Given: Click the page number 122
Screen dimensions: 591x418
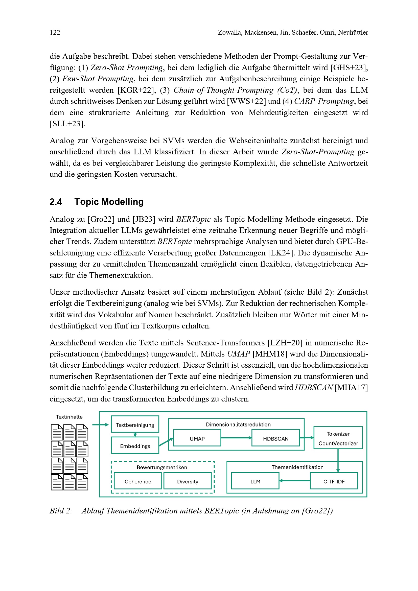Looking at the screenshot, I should (x=55, y=32).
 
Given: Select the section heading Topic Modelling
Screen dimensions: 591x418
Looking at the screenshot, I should (x=109, y=202).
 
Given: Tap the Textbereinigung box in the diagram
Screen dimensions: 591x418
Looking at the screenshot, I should (x=135, y=425).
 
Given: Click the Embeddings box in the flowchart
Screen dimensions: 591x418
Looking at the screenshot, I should (x=135, y=446).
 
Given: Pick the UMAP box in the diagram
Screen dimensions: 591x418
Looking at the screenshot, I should (x=197, y=439).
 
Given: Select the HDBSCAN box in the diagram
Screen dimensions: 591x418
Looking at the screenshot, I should (x=275, y=439).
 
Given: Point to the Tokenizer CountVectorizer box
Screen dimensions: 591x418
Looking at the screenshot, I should (x=338, y=439).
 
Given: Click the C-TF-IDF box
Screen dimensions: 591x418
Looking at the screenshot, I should (x=334, y=482).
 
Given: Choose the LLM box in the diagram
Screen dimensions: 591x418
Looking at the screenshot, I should (x=255, y=482).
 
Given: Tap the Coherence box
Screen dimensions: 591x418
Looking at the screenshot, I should (x=138, y=482).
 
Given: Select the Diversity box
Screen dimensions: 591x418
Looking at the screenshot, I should (x=187, y=482).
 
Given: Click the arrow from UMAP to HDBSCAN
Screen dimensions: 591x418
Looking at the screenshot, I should (x=236, y=438).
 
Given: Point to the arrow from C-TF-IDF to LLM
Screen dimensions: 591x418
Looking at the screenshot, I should (x=294, y=481).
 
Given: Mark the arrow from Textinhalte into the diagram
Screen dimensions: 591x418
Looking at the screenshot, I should (x=100, y=425).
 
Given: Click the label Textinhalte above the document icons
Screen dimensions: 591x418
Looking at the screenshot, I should (x=69, y=417).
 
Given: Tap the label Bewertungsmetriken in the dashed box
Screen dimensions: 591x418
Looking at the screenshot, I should (x=162, y=467).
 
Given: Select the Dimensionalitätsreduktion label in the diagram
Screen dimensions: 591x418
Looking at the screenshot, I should (x=238, y=424).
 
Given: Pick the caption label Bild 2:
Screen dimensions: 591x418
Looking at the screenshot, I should (x=61, y=511).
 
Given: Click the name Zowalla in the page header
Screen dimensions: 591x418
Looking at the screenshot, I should (x=229, y=32).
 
